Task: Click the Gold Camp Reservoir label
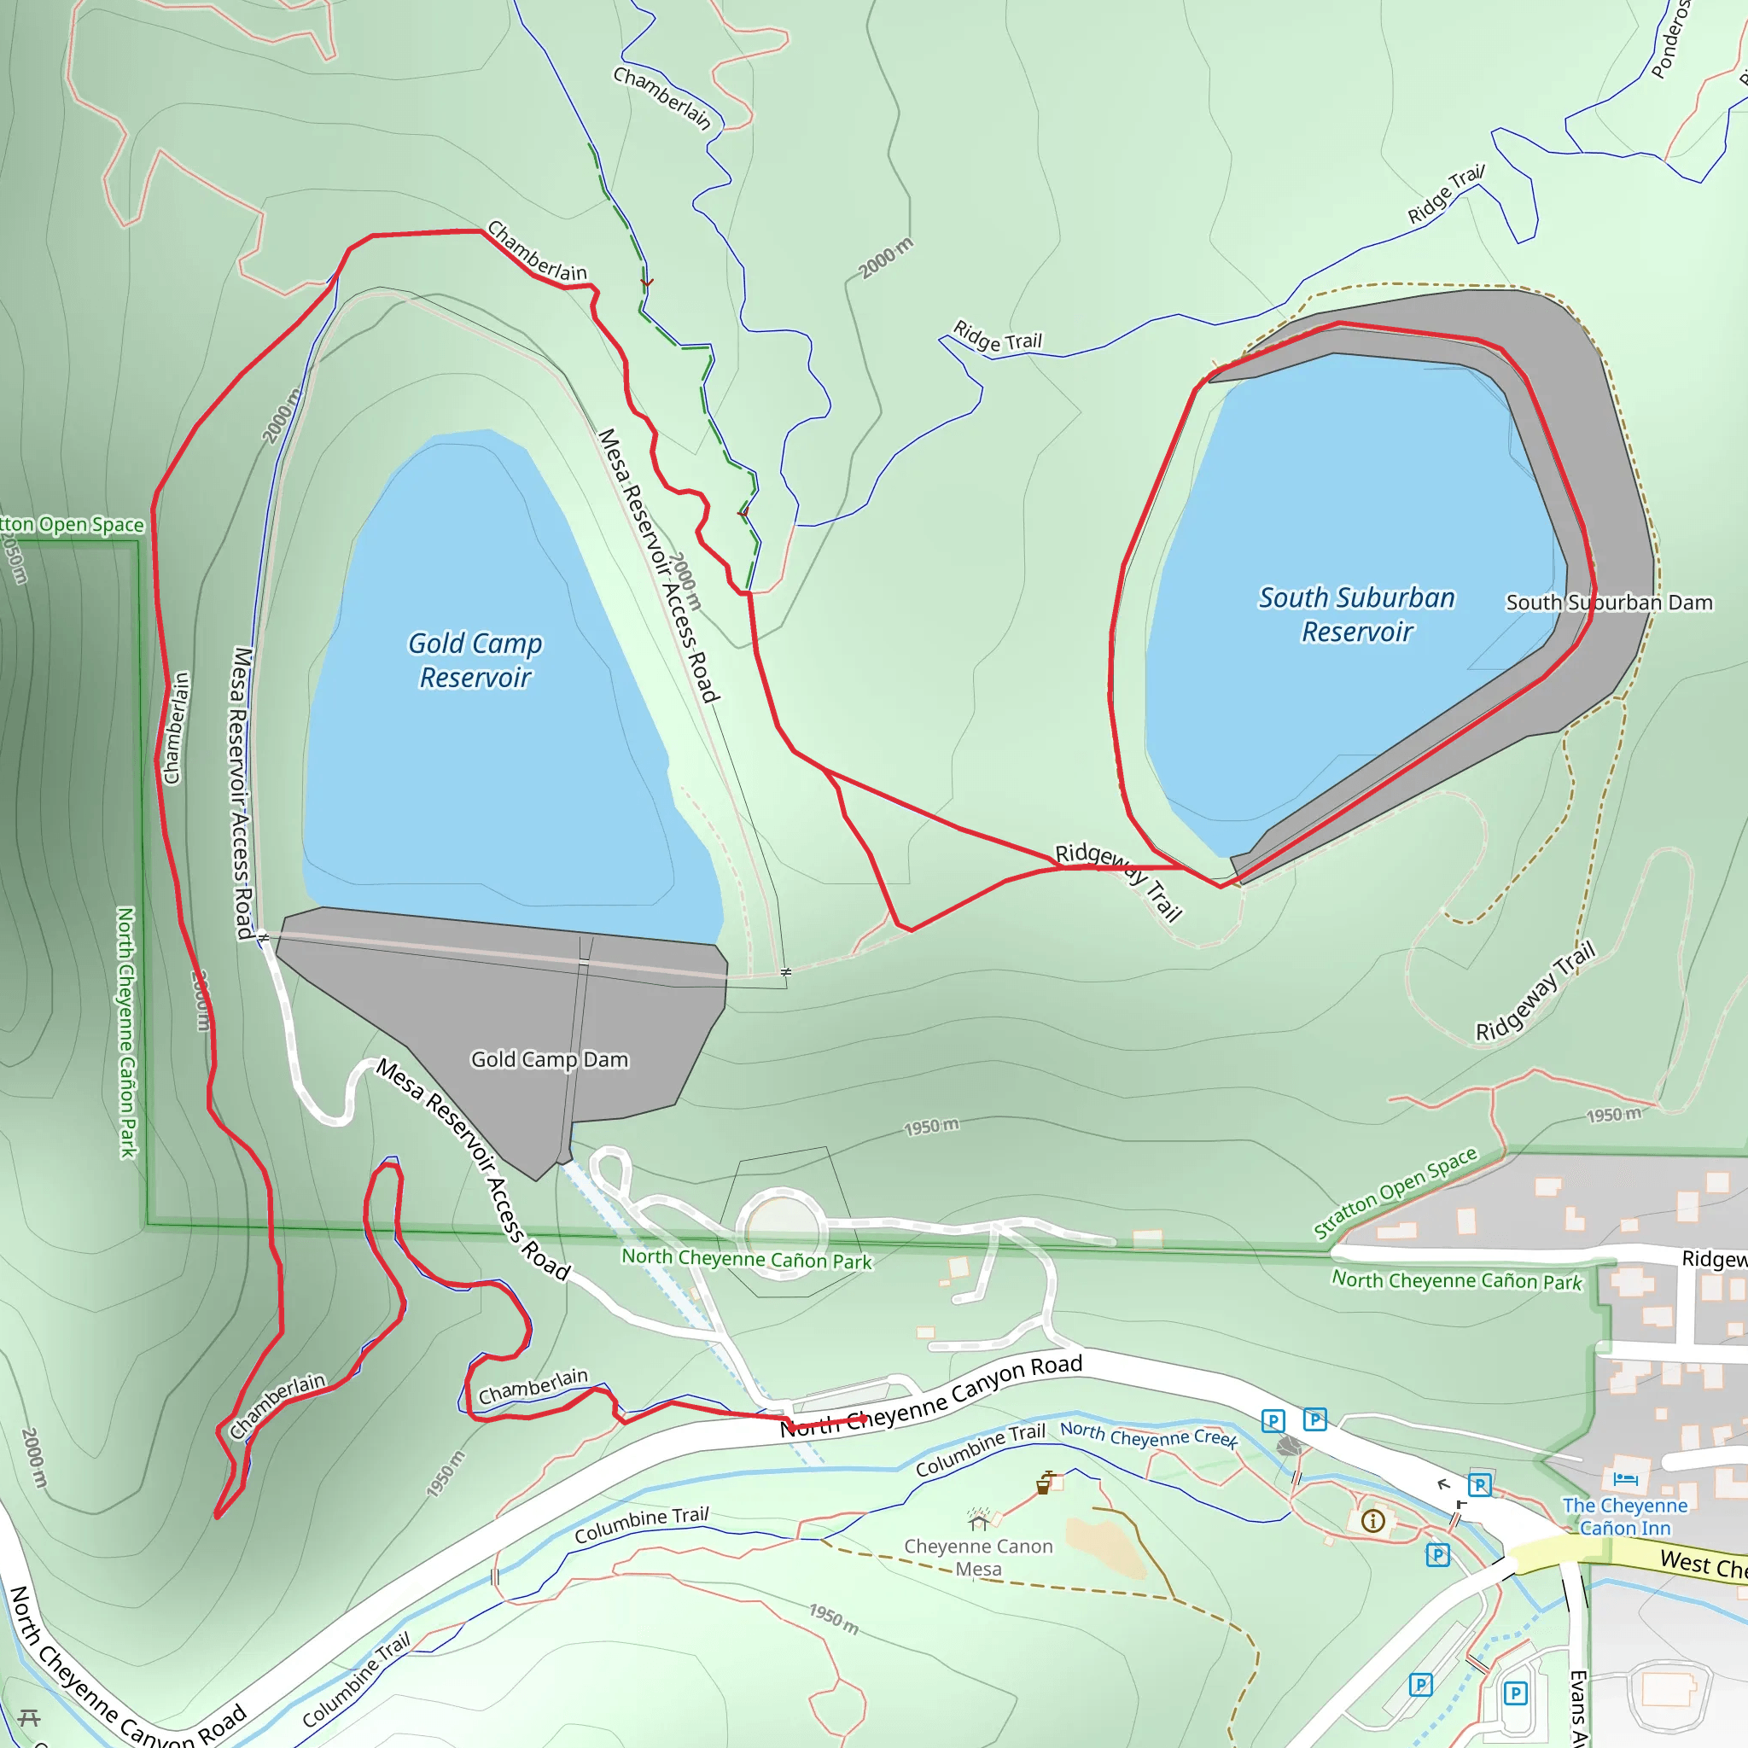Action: click(x=475, y=661)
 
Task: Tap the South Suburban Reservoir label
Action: click(x=1357, y=615)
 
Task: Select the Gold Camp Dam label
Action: click(x=549, y=1059)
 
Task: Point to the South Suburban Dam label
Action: click(x=1609, y=603)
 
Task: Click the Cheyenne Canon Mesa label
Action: click(x=978, y=1557)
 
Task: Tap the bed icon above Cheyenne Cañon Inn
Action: click(x=1625, y=1479)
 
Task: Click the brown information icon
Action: click(x=1372, y=1521)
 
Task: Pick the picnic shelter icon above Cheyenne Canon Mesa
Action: click(x=978, y=1518)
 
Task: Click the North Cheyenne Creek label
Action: click(x=1148, y=1434)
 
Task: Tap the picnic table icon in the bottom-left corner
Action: click(x=29, y=1717)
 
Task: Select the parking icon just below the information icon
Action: click(x=1437, y=1555)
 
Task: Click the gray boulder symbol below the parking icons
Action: click(x=1288, y=1446)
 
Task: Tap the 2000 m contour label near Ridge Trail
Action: click(x=886, y=258)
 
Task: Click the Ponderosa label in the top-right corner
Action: click(x=1669, y=41)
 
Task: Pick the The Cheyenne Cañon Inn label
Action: click(x=1625, y=1517)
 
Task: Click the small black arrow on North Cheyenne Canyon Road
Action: click(x=1444, y=1483)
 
